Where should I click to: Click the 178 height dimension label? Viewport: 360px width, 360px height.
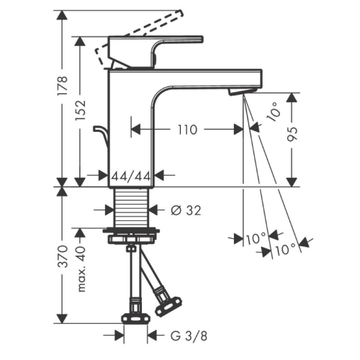(x=63, y=86)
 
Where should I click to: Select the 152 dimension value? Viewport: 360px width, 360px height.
(x=81, y=110)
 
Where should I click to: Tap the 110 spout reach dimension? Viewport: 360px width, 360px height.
(x=187, y=130)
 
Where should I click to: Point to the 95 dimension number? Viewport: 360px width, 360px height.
(x=292, y=134)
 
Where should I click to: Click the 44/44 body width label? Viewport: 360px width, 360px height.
(x=131, y=176)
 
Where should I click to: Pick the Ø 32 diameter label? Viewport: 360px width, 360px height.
(x=186, y=210)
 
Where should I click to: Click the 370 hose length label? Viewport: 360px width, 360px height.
(x=63, y=256)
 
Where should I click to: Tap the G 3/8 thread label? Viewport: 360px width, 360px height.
(x=189, y=336)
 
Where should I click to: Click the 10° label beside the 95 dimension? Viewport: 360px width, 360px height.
(x=273, y=112)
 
